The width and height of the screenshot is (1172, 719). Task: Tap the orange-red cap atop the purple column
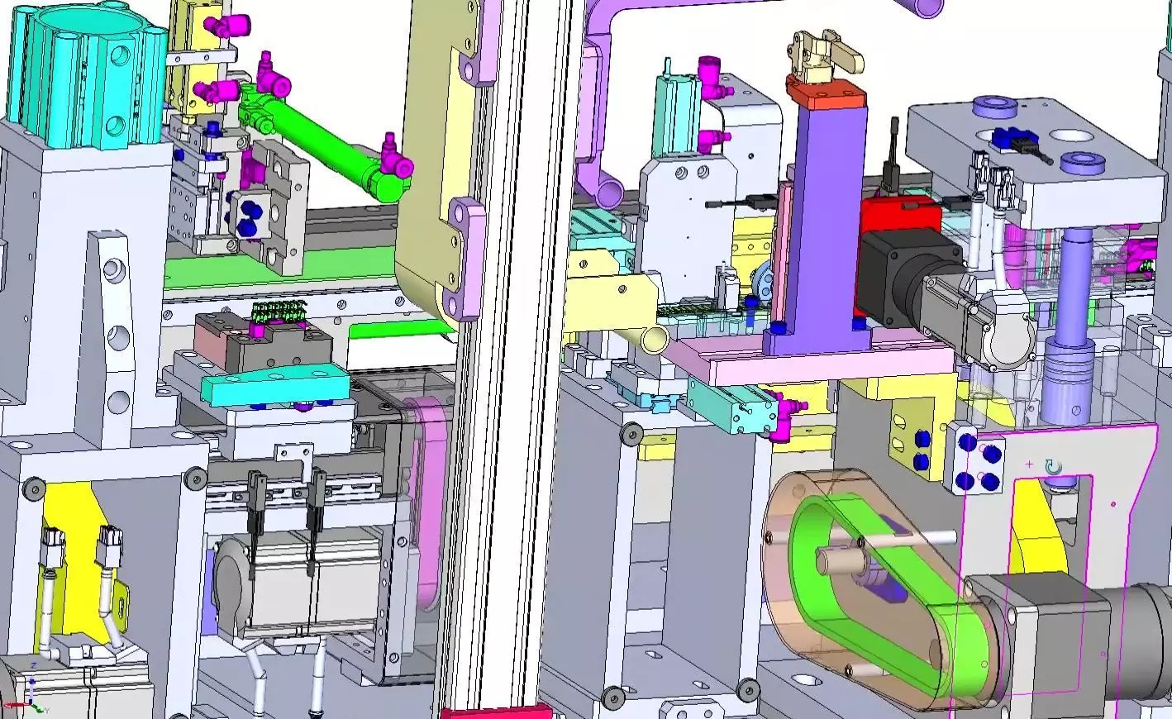pos(827,91)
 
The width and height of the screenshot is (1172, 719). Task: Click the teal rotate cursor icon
pos(1053,469)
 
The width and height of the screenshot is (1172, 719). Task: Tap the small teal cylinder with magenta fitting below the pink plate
pos(736,411)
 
